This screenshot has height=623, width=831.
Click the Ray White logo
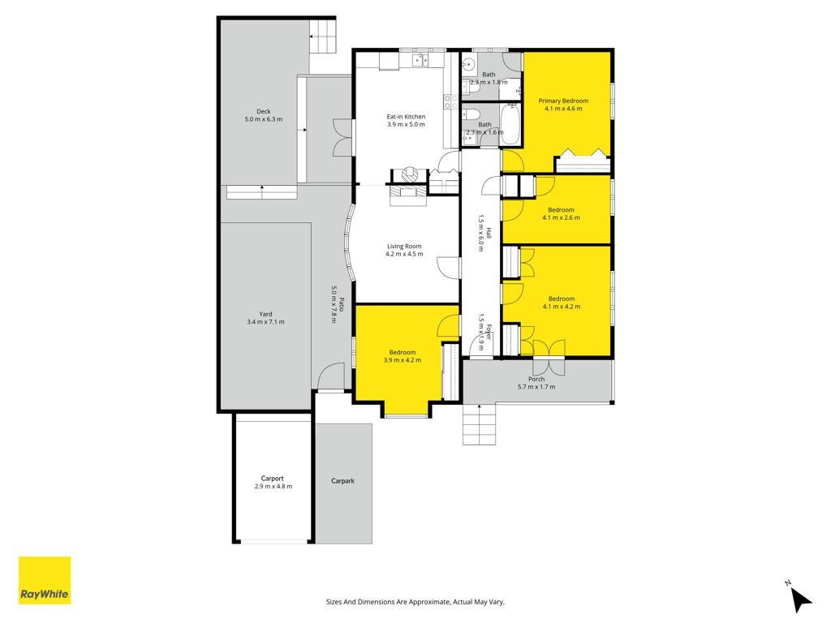click(45, 580)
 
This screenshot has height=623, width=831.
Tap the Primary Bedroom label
click(563, 101)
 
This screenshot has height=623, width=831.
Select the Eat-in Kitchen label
click(406, 117)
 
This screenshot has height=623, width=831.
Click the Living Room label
click(404, 247)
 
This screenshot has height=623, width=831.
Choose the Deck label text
click(264, 112)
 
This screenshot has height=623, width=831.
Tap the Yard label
click(265, 314)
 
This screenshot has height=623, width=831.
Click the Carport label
click(273, 479)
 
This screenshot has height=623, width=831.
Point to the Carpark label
click(343, 481)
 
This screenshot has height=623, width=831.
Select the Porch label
click(536, 380)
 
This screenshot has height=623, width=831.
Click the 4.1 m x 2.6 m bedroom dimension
click(562, 217)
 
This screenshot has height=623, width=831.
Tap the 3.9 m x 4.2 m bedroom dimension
click(403, 360)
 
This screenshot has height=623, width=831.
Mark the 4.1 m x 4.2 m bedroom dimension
click(562, 307)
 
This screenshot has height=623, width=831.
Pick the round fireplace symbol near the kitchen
click(409, 174)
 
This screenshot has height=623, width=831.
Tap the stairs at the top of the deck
click(323, 36)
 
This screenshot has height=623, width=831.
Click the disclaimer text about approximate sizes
click(415, 602)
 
